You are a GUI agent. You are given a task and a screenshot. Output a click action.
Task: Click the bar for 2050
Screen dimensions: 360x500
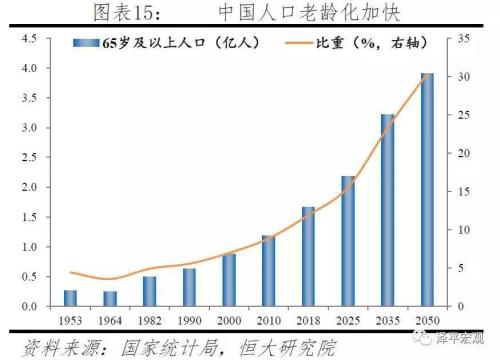point(427,189)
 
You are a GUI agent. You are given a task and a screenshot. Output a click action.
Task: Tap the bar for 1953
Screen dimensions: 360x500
point(70,297)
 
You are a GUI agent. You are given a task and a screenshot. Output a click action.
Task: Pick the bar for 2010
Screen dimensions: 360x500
point(269,270)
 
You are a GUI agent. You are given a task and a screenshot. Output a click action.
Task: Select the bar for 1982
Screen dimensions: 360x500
point(149,290)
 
